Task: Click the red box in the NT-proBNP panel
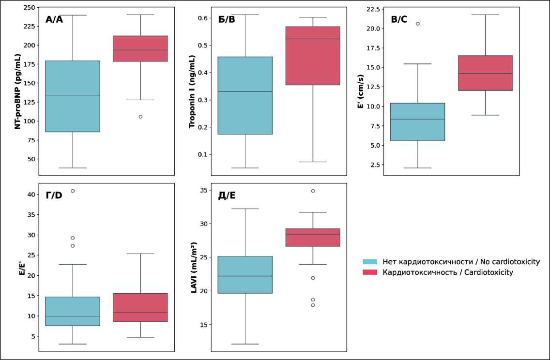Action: click(140, 48)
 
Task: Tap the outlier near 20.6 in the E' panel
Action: click(417, 23)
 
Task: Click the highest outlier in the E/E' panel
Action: click(73, 191)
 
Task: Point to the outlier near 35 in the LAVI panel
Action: click(313, 191)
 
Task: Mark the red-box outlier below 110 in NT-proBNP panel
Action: click(140, 117)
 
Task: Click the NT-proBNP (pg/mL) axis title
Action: click(17, 91)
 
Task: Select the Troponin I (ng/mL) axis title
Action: click(191, 91)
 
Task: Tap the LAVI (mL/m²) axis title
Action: click(194, 267)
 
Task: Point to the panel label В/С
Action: click(399, 20)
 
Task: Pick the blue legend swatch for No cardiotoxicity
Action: click(370, 262)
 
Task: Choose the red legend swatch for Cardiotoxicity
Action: click(370, 272)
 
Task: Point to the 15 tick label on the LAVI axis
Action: click(204, 325)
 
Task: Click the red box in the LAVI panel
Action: click(313, 237)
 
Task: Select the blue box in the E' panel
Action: click(417, 121)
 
